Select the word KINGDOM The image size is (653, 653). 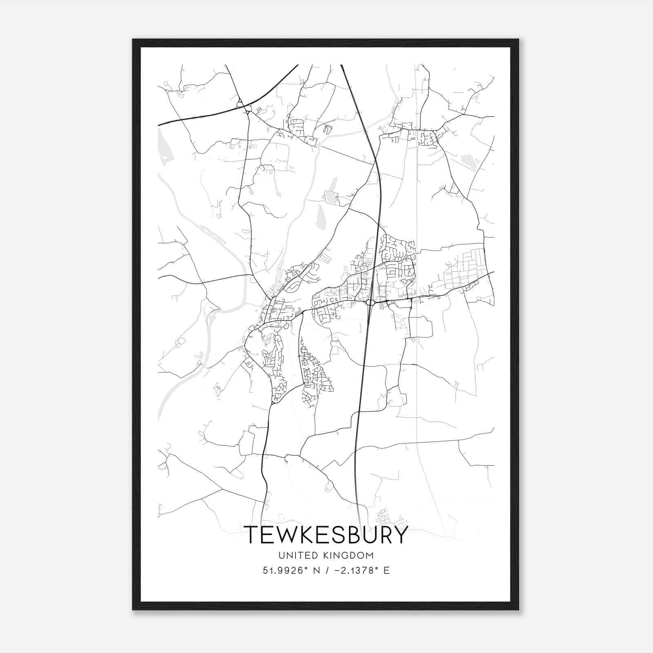tap(350, 555)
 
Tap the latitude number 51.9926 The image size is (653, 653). tap(283, 570)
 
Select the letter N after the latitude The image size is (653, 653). tap(315, 570)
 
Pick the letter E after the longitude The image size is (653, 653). tap(386, 570)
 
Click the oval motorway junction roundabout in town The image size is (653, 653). tap(371, 302)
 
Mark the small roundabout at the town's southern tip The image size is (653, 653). tap(272, 403)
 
